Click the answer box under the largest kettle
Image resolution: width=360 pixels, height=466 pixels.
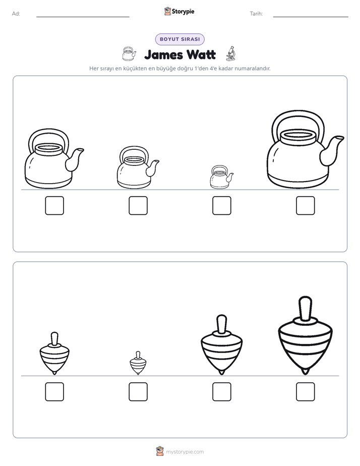tap(305, 205)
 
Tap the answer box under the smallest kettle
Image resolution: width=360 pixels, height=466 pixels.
tap(221, 205)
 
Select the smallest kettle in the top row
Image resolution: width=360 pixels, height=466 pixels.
tap(221, 177)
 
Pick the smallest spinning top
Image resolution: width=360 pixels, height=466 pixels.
tap(138, 363)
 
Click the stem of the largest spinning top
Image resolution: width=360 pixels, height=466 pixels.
tap(305, 309)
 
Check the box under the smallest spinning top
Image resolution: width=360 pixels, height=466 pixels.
tap(138, 391)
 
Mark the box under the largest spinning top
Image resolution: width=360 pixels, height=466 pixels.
tap(305, 391)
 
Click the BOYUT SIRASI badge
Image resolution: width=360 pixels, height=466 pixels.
tap(179, 39)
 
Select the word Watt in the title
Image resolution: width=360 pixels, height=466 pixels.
tap(201, 54)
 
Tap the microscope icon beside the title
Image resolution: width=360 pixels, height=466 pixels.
tap(231, 53)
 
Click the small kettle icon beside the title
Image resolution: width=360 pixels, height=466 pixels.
tap(129, 54)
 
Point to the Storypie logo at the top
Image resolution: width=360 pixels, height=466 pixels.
tap(179, 11)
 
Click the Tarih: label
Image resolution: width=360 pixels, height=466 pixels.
tap(256, 14)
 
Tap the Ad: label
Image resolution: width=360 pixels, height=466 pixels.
tap(16, 14)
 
